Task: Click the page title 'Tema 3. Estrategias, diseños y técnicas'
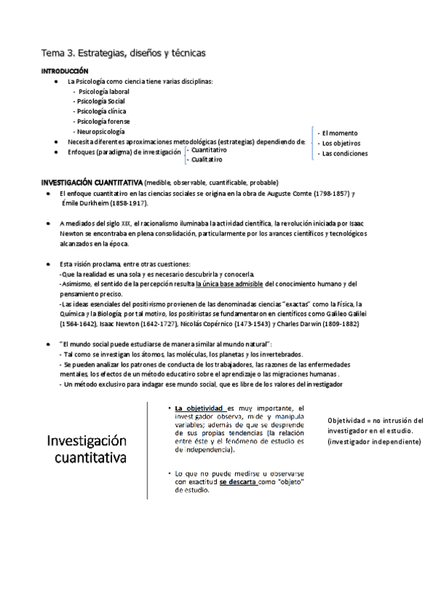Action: [x=124, y=53]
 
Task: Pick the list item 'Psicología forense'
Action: [x=104, y=122]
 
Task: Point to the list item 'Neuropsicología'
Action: [x=101, y=132]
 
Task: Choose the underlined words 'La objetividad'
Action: [x=200, y=408]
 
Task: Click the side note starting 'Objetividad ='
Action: [x=374, y=430]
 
